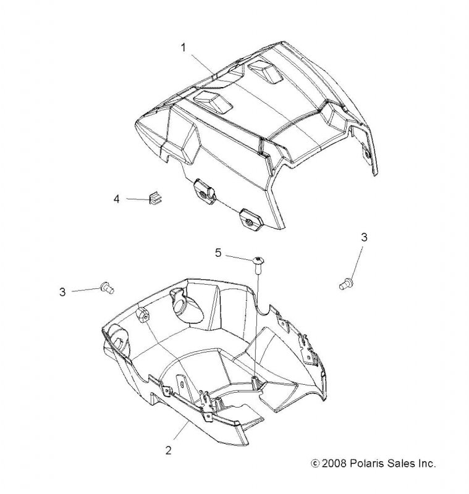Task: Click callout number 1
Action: tap(184, 48)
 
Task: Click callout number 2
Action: tap(169, 450)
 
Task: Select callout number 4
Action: tap(117, 199)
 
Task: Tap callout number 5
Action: tap(218, 253)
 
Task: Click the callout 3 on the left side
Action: tap(63, 292)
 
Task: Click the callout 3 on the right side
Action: tap(364, 237)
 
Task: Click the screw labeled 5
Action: tap(258, 266)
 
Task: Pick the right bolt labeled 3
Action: tap(346, 283)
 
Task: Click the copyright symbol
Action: tap(315, 464)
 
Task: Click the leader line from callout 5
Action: tap(240, 257)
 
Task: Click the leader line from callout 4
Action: tap(138, 199)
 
